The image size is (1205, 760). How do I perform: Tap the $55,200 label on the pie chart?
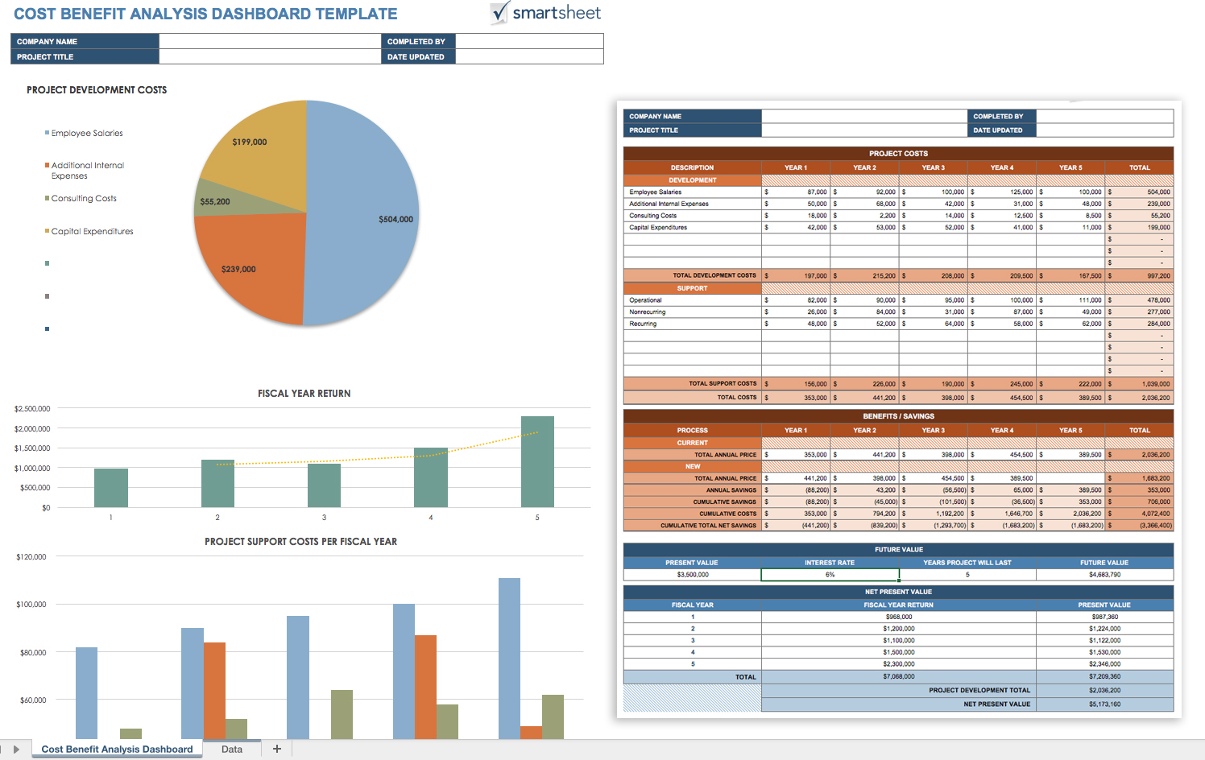click(x=215, y=201)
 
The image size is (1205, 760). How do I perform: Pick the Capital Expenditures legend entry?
click(x=92, y=231)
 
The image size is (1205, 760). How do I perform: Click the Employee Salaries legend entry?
click(x=87, y=133)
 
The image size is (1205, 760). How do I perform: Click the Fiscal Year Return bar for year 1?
click(x=111, y=487)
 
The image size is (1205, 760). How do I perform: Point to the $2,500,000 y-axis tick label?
click(x=32, y=409)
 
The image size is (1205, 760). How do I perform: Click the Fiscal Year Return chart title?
click(x=304, y=394)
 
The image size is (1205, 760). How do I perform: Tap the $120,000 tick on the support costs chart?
click(x=31, y=557)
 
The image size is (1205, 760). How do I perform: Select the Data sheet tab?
click(x=232, y=749)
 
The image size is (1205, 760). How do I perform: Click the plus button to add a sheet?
click(x=277, y=749)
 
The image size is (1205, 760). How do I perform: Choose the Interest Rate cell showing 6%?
click(x=830, y=575)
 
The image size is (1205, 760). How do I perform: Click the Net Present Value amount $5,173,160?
click(x=1104, y=704)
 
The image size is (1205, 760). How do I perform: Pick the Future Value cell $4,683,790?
click(x=1104, y=575)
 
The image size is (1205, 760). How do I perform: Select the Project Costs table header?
click(x=898, y=153)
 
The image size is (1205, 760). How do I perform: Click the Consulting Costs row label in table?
click(x=653, y=216)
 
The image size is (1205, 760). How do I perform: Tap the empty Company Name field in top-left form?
click(x=269, y=41)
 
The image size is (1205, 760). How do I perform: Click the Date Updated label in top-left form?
click(x=416, y=57)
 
